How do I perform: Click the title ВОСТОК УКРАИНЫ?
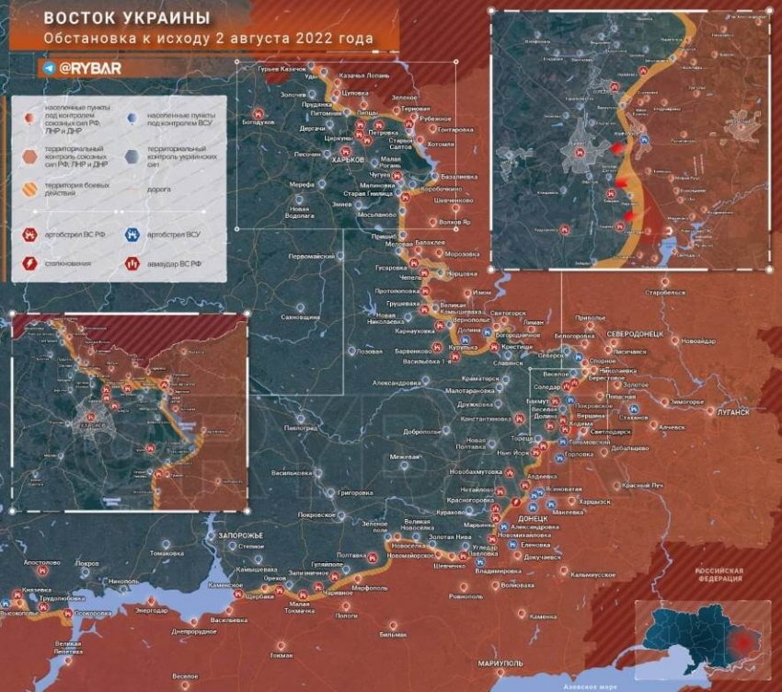pyautogui.click(x=127, y=18)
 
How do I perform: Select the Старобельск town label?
pyautogui.click(x=666, y=292)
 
